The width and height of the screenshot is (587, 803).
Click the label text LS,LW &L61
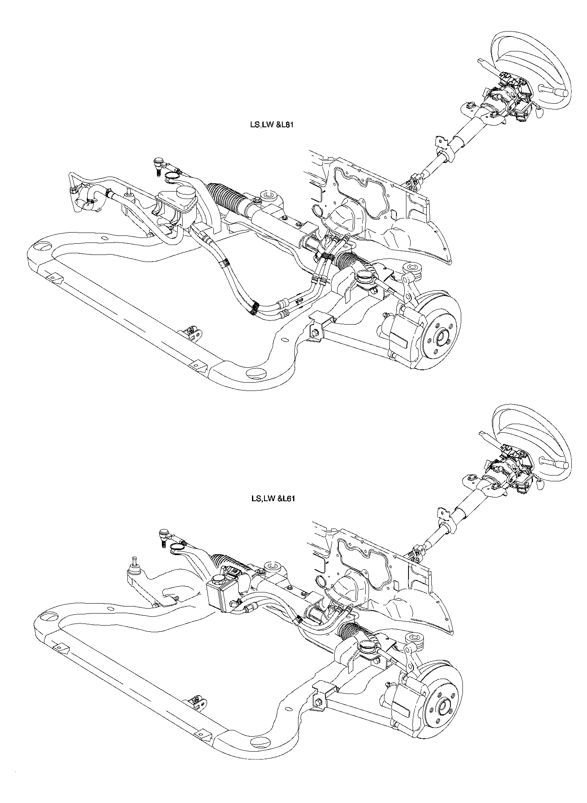pos(272,499)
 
